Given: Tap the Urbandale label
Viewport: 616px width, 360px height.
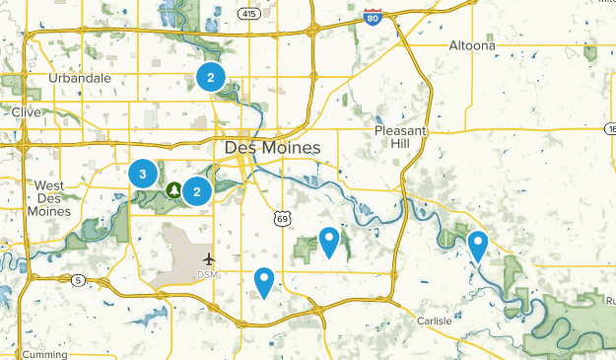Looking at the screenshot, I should (81, 78).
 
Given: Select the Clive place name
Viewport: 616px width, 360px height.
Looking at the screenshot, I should (26, 112).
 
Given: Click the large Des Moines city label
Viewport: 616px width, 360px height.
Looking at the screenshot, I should (272, 148).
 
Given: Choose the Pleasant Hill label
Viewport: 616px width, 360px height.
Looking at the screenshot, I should (398, 138).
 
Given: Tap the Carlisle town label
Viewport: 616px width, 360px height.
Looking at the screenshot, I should (434, 321).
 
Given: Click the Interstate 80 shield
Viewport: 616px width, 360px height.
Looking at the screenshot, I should (372, 16).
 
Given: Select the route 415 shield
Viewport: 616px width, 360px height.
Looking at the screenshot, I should (248, 13).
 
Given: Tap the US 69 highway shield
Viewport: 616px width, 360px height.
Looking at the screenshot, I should (281, 216).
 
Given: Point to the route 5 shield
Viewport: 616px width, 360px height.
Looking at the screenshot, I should (78, 282).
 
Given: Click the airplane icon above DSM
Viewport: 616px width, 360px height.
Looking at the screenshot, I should (208, 258).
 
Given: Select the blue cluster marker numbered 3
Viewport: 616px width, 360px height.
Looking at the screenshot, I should (143, 175).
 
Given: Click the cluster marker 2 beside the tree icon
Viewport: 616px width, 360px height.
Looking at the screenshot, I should (198, 190).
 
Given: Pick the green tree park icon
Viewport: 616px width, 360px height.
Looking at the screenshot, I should (174, 189).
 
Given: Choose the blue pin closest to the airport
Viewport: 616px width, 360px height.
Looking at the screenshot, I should (263, 282).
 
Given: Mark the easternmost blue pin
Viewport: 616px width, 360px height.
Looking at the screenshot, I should (478, 245).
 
